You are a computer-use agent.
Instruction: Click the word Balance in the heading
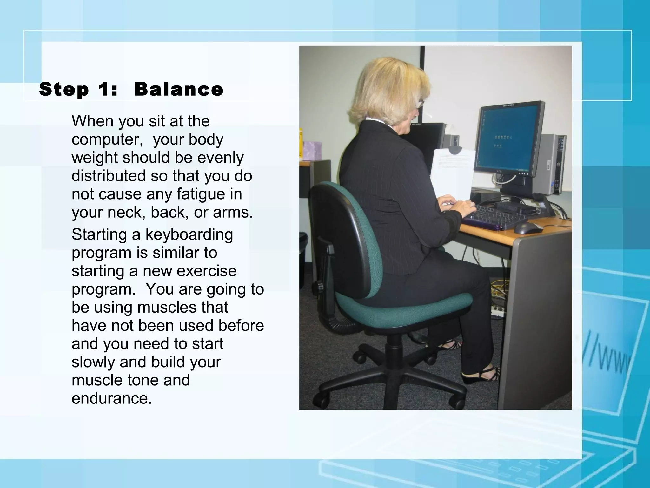point(179,89)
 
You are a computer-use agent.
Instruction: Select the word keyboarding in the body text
point(189,235)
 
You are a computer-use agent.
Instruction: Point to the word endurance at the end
point(111,398)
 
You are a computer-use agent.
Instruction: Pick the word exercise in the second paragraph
point(207,271)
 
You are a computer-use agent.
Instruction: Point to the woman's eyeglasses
point(421,103)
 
